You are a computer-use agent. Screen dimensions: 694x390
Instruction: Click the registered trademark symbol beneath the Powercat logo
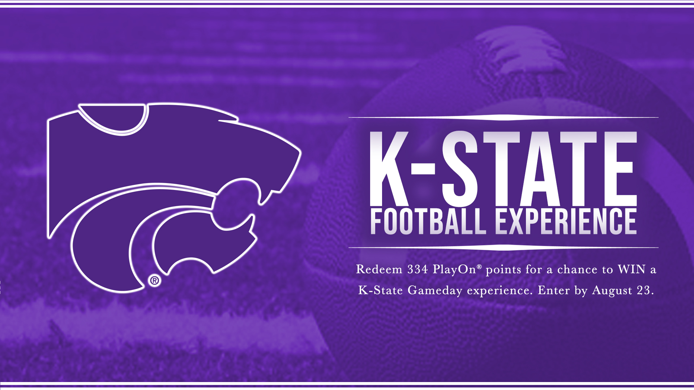(x=155, y=281)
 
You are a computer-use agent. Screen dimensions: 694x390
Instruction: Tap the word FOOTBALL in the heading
(x=428, y=221)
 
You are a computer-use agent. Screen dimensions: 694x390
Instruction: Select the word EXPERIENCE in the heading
(x=566, y=221)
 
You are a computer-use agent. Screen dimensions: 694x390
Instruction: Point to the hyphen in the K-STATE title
(x=423, y=169)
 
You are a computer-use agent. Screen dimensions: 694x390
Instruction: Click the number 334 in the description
(x=417, y=269)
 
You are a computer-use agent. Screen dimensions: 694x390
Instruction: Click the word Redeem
(x=379, y=269)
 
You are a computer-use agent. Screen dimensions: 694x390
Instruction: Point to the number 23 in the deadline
(x=644, y=290)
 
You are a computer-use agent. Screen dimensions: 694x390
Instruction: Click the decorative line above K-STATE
(x=504, y=117)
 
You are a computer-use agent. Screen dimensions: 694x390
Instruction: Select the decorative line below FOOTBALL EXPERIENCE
(x=504, y=247)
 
